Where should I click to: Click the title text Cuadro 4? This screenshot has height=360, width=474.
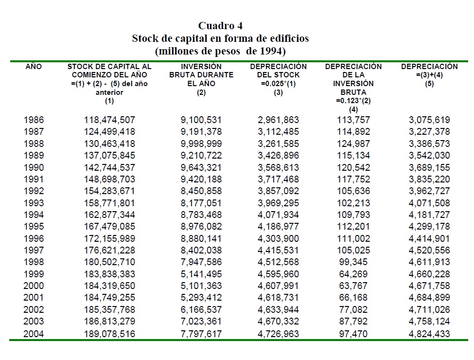[220, 26]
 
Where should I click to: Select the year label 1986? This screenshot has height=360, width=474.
[34, 120]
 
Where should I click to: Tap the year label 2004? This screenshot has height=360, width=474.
[34, 334]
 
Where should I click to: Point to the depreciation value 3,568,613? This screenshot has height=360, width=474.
[278, 167]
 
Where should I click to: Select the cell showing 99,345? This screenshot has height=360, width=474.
[353, 262]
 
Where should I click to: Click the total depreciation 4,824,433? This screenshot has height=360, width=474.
[429, 334]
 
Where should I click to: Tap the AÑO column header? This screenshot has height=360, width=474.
[34, 67]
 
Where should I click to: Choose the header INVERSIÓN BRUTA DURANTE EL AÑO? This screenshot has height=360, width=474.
[201, 75]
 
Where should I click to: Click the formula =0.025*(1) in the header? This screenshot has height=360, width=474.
[278, 84]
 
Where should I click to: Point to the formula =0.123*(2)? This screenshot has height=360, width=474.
[353, 101]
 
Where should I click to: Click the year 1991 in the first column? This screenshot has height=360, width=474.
[34, 179]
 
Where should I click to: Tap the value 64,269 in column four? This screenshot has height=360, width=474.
[353, 274]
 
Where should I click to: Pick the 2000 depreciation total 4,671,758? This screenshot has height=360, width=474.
[429, 286]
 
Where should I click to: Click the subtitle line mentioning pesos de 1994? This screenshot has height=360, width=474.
[220, 50]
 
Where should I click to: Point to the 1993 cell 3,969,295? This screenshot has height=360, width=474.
[278, 203]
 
